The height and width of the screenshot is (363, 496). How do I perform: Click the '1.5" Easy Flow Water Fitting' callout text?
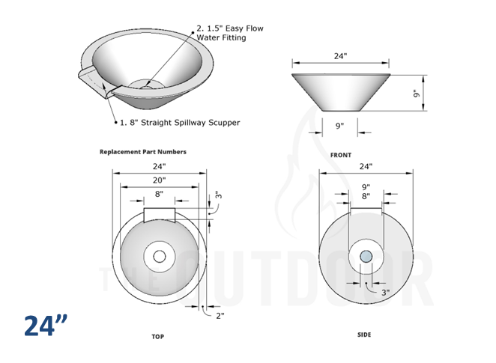[x=230, y=34]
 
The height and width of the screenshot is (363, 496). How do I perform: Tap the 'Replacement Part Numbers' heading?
[x=143, y=152]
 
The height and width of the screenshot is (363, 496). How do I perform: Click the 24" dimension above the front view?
[x=341, y=56]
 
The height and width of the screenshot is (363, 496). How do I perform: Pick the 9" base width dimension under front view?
[x=340, y=126]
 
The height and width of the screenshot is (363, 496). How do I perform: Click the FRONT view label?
[x=340, y=155]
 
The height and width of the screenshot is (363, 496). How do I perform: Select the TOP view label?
[x=157, y=337]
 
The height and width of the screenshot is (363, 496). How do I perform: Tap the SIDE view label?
[x=363, y=335]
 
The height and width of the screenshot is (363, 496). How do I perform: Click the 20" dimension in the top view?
[x=159, y=180]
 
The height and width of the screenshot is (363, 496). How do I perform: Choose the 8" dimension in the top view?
[x=159, y=194]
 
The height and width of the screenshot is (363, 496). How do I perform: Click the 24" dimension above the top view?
[x=159, y=166]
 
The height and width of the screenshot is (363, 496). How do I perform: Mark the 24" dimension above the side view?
[x=366, y=166]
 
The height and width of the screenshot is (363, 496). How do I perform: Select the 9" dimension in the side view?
[x=366, y=186]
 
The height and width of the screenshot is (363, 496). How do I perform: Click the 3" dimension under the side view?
[x=385, y=293]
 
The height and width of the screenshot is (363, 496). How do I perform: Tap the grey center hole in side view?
[x=366, y=257]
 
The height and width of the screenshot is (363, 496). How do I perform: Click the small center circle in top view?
[x=160, y=257]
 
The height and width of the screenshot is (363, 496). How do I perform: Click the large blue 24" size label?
[x=45, y=326]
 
